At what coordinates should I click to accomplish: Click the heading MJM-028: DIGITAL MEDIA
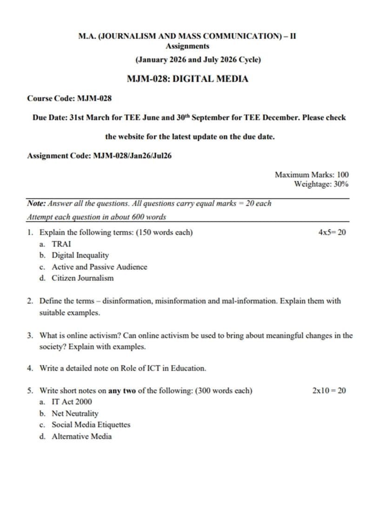pyautogui.click(x=187, y=79)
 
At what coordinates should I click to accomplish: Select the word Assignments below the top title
pyautogui.click(x=187, y=46)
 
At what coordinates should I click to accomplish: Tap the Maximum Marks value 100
pyautogui.click(x=343, y=175)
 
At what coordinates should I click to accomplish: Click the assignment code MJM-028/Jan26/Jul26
pyautogui.click(x=133, y=156)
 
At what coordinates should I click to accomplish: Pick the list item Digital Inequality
pyautogui.click(x=80, y=255)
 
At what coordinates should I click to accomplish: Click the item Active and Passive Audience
pyautogui.click(x=99, y=267)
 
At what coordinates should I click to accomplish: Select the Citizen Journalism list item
pyautogui.click(x=82, y=278)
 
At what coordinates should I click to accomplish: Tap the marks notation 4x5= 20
pyautogui.click(x=332, y=232)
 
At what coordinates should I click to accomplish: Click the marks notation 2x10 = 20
pyautogui.click(x=329, y=391)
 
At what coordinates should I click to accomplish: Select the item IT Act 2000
pyautogui.click(x=72, y=402)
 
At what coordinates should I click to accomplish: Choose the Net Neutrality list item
pyautogui.click(x=75, y=413)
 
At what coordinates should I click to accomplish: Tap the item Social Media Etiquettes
pyautogui.click(x=91, y=424)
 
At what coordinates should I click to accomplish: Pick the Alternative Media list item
pyautogui.click(x=81, y=436)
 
